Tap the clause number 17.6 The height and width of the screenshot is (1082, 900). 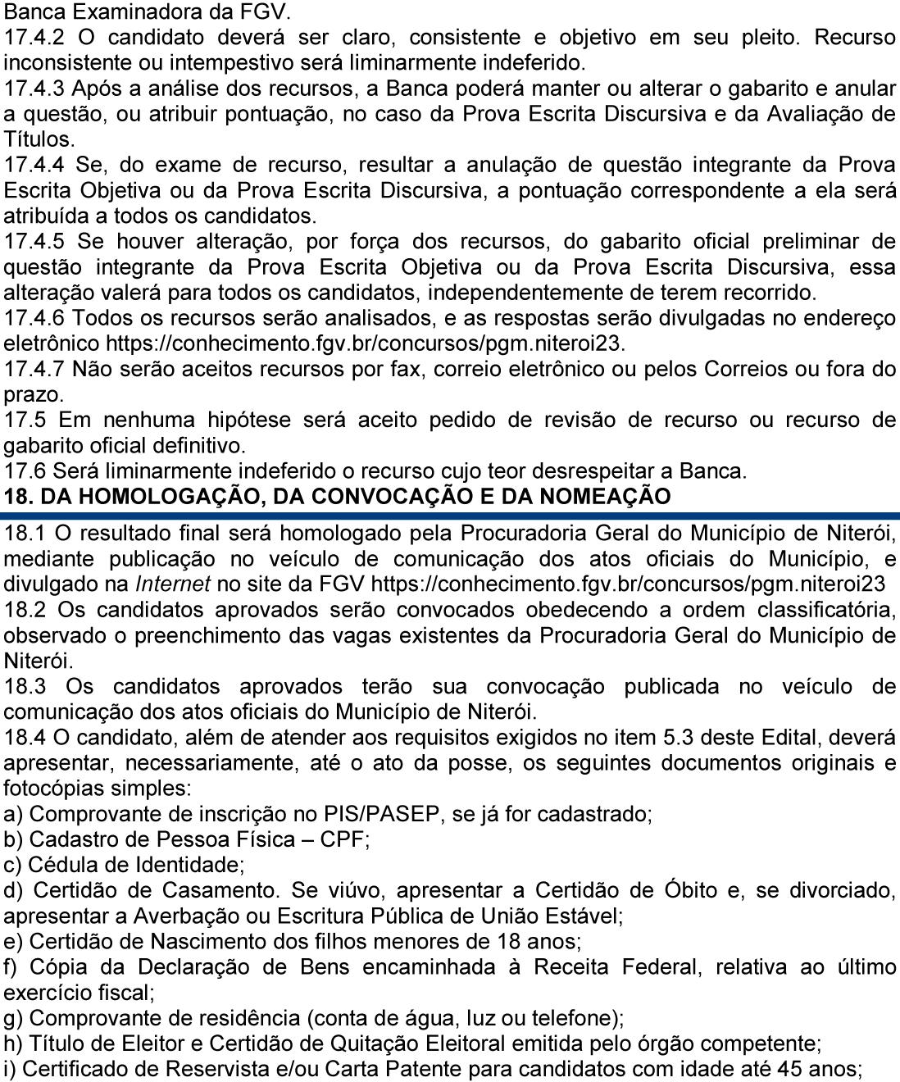25,471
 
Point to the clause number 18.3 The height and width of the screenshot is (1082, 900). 25,686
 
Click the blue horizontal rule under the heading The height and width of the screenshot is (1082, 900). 450,516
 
